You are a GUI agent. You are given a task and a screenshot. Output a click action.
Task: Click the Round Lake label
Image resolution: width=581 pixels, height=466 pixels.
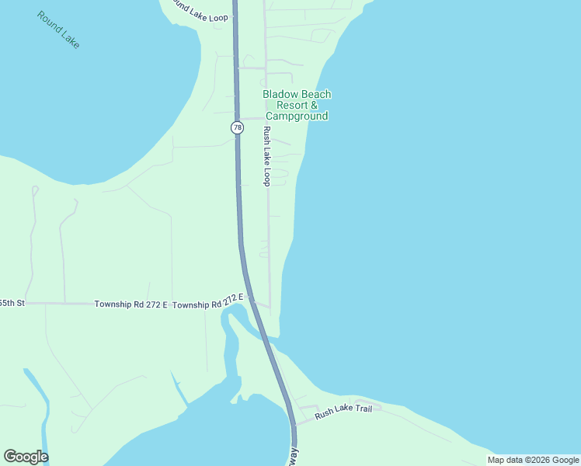click(58, 30)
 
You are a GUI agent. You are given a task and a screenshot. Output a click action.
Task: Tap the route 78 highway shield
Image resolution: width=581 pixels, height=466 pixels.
click(237, 127)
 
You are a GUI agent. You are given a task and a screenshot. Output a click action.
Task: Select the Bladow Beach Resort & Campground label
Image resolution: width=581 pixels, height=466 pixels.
click(296, 105)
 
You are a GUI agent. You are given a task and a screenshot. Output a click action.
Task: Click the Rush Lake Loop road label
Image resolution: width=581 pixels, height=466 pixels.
click(266, 155)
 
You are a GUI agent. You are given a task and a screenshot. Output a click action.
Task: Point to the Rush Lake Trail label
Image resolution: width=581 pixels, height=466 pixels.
click(343, 412)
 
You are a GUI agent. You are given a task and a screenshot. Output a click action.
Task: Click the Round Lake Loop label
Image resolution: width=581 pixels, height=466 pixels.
click(200, 11)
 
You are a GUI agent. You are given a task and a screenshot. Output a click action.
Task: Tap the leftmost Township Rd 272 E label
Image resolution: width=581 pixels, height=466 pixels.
click(130, 304)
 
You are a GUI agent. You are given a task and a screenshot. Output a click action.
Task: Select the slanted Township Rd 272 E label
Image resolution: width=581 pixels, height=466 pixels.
click(208, 301)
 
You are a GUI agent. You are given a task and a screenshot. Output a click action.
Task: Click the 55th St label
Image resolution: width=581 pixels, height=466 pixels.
click(12, 302)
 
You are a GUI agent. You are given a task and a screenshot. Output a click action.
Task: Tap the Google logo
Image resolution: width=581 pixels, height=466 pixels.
click(26, 457)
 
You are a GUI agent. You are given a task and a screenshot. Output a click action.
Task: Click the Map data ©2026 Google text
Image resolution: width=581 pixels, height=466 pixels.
click(533, 460)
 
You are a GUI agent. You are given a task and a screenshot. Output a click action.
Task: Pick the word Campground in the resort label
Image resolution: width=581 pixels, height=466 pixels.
click(296, 116)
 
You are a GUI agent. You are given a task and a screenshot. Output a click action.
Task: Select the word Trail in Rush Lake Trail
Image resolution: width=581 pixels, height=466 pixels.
click(361, 409)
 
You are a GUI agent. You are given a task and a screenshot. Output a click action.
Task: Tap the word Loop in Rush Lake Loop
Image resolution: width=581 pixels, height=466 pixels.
click(266, 177)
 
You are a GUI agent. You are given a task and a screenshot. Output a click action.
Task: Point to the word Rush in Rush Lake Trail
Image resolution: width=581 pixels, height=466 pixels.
click(325, 416)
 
